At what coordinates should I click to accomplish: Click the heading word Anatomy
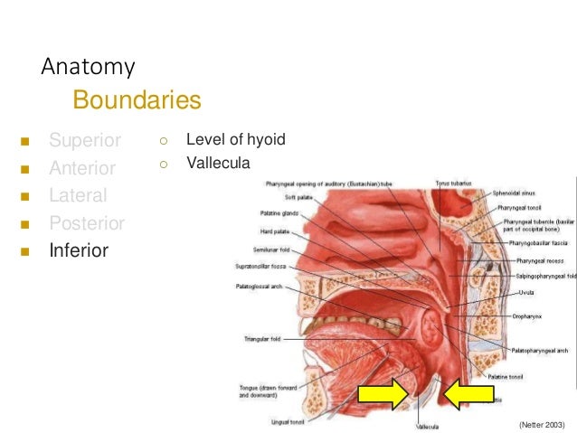(89, 66)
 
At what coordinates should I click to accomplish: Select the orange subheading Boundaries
(136, 99)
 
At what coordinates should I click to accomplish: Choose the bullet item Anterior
(82, 168)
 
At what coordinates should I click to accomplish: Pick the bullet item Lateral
(78, 195)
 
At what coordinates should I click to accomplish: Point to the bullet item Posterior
(87, 223)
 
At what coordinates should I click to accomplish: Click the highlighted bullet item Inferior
(79, 250)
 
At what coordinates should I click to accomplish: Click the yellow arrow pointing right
(383, 395)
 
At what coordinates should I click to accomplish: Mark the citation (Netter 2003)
(542, 424)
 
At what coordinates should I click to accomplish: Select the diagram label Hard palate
(274, 231)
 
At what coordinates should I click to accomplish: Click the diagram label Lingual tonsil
(288, 420)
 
